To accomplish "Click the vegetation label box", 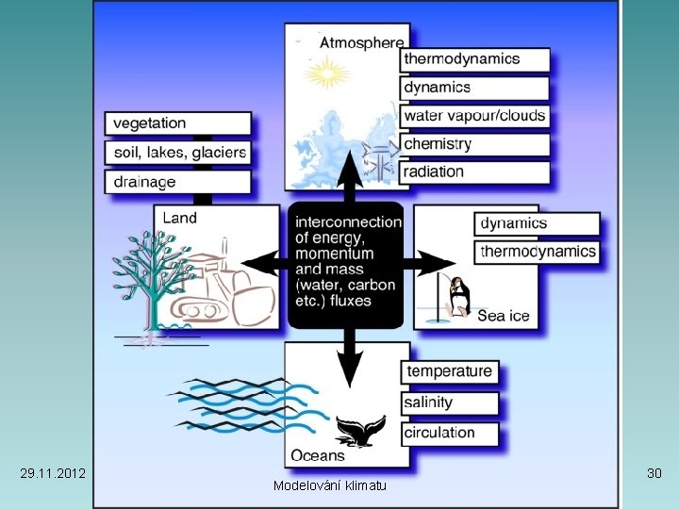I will pyautogui.click(x=177, y=123).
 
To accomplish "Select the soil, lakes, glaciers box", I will pyautogui.click(x=177, y=152).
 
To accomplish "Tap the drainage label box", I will pyautogui.click(x=177, y=181).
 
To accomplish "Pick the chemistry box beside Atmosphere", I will pyautogui.click(x=474, y=144).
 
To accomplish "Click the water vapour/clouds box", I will pyautogui.click(x=474, y=116).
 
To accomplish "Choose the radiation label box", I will pyautogui.click(x=474, y=172).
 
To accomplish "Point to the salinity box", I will pyautogui.click(x=449, y=402).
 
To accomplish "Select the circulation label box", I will pyautogui.click(x=449, y=433).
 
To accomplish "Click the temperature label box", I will pyautogui.click(x=449, y=371).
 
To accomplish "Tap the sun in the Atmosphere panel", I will pyautogui.click(x=327, y=71).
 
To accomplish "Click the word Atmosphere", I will pyautogui.click(x=361, y=41).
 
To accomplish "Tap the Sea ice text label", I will pyautogui.click(x=504, y=316).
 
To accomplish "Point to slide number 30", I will pyautogui.click(x=654, y=470).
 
